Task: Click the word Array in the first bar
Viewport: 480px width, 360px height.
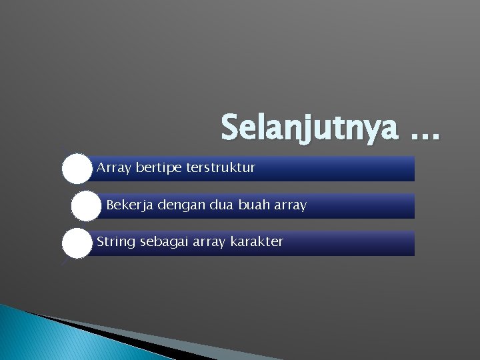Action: point(114,168)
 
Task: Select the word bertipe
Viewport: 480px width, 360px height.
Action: point(158,168)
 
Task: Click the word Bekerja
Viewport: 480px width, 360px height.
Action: point(129,205)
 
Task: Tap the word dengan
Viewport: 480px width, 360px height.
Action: point(180,205)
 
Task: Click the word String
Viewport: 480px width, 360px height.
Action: point(116,242)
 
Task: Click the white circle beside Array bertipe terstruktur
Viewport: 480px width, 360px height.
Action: point(77,169)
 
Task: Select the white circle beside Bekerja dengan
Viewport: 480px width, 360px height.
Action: point(86,206)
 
